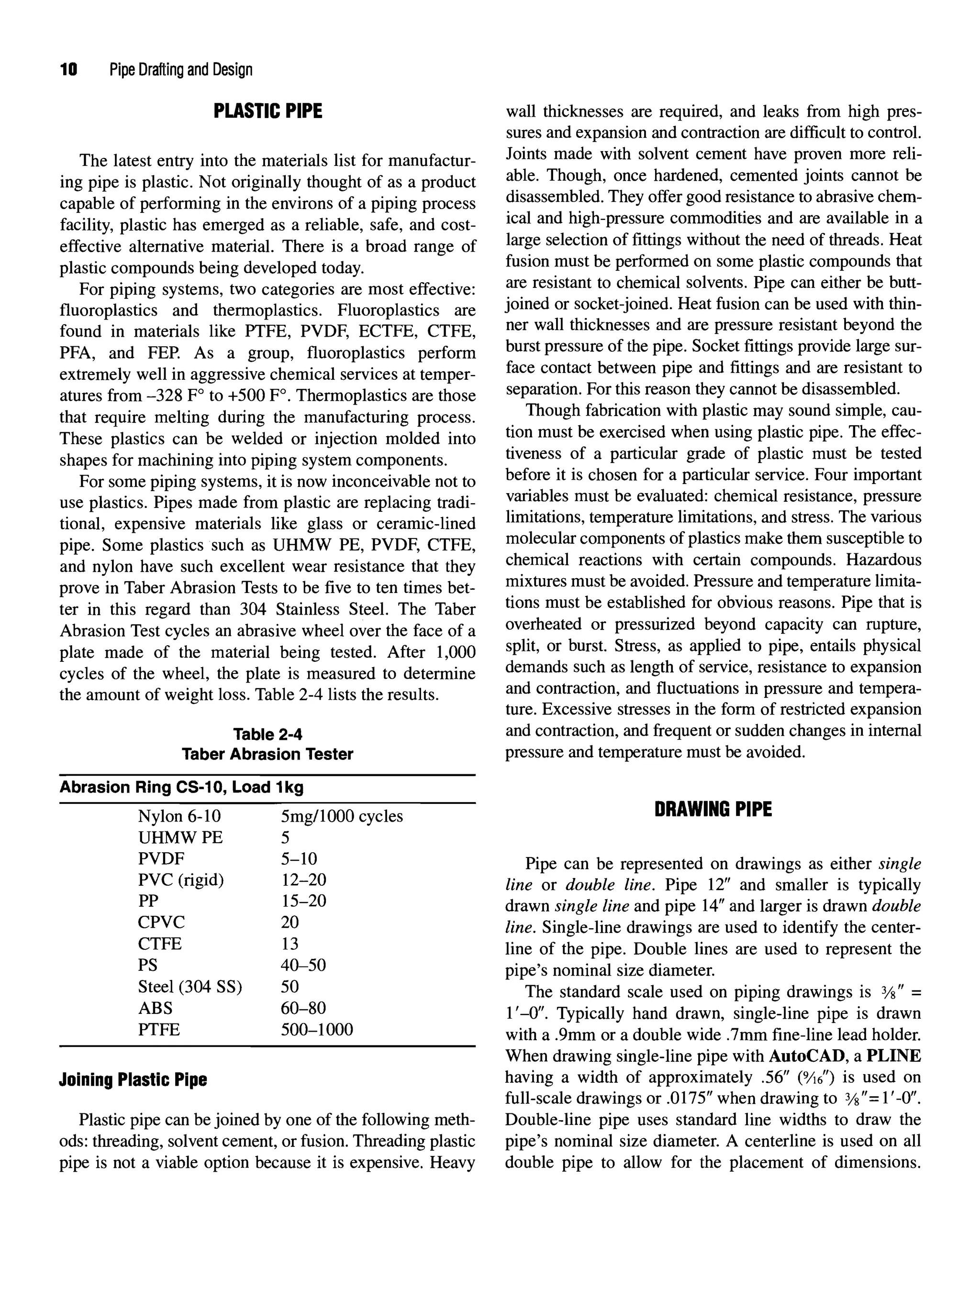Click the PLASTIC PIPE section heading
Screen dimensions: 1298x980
pos(268,111)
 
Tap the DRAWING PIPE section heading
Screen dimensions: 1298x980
pos(713,809)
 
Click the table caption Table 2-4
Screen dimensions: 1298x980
pos(267,734)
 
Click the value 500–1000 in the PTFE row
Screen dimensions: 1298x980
pos(317,1030)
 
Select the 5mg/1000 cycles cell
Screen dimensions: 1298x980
pos(342,816)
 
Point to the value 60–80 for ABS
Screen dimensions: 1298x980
pos(303,1008)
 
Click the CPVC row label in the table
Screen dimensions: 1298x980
pos(161,923)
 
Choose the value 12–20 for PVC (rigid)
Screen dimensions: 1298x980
pos(303,880)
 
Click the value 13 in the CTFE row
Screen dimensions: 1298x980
pos(290,944)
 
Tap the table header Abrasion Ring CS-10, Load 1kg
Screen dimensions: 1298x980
pos(181,788)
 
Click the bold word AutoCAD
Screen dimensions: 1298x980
pos(806,1056)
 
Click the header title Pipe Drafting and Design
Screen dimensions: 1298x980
pos(181,70)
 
